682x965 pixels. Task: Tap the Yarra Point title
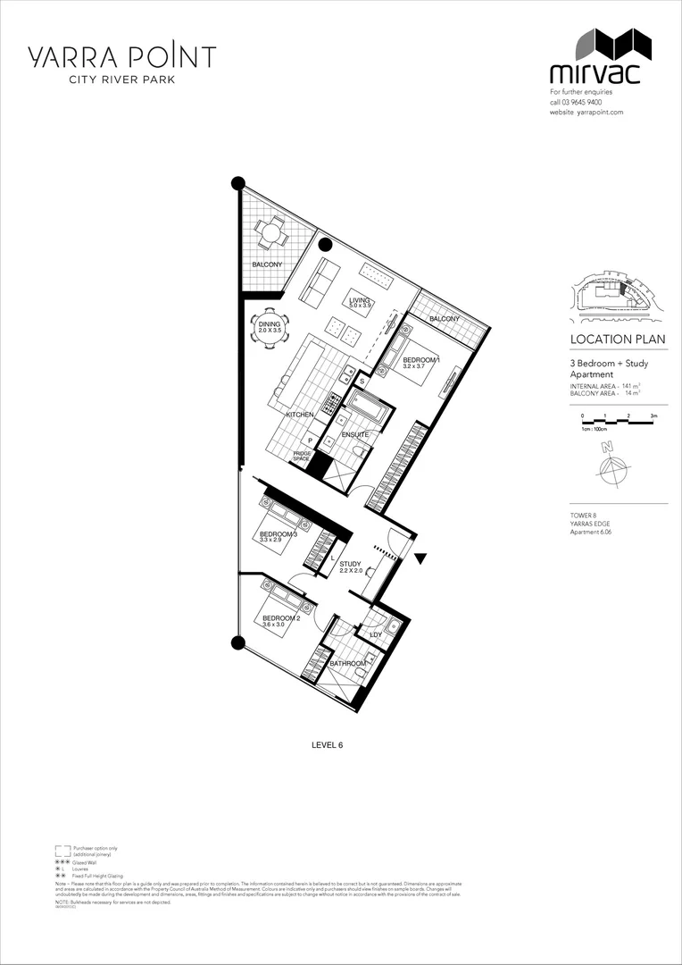pos(121,57)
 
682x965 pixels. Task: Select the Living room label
pos(360,301)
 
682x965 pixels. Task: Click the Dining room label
pos(270,325)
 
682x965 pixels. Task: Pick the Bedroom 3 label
pos(278,534)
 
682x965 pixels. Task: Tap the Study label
pos(350,565)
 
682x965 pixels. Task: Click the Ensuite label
pos(354,434)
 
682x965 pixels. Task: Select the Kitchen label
pos(299,415)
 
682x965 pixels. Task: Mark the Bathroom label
pos(347,664)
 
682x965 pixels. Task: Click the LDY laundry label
pos(376,635)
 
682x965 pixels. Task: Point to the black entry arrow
pos(421,558)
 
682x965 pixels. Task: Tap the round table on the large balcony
pos(269,234)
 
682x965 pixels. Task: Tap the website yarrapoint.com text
pos(586,113)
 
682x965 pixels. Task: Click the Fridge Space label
pos(302,456)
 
